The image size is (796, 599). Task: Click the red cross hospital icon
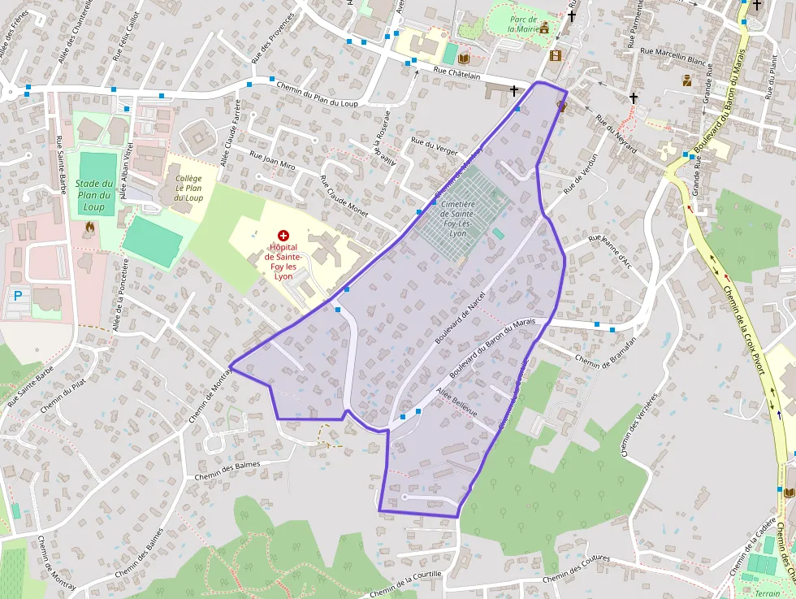(283, 234)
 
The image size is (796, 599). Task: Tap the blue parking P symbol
(17, 297)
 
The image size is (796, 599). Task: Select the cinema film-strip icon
(556, 55)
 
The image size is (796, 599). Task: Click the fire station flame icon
(89, 228)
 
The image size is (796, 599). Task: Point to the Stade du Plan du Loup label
(94, 195)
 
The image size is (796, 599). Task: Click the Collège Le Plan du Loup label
(188, 187)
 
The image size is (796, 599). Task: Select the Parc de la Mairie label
(523, 24)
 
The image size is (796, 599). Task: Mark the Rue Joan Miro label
(272, 163)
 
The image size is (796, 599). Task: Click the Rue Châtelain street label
(457, 72)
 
